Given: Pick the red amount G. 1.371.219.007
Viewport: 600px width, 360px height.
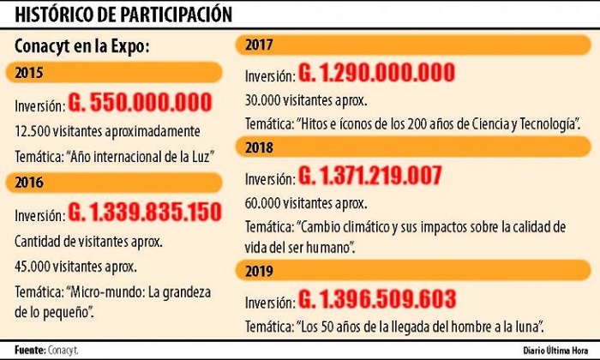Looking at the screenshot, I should [369, 177].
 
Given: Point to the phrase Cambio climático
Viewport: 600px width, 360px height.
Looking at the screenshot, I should [350, 227].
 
